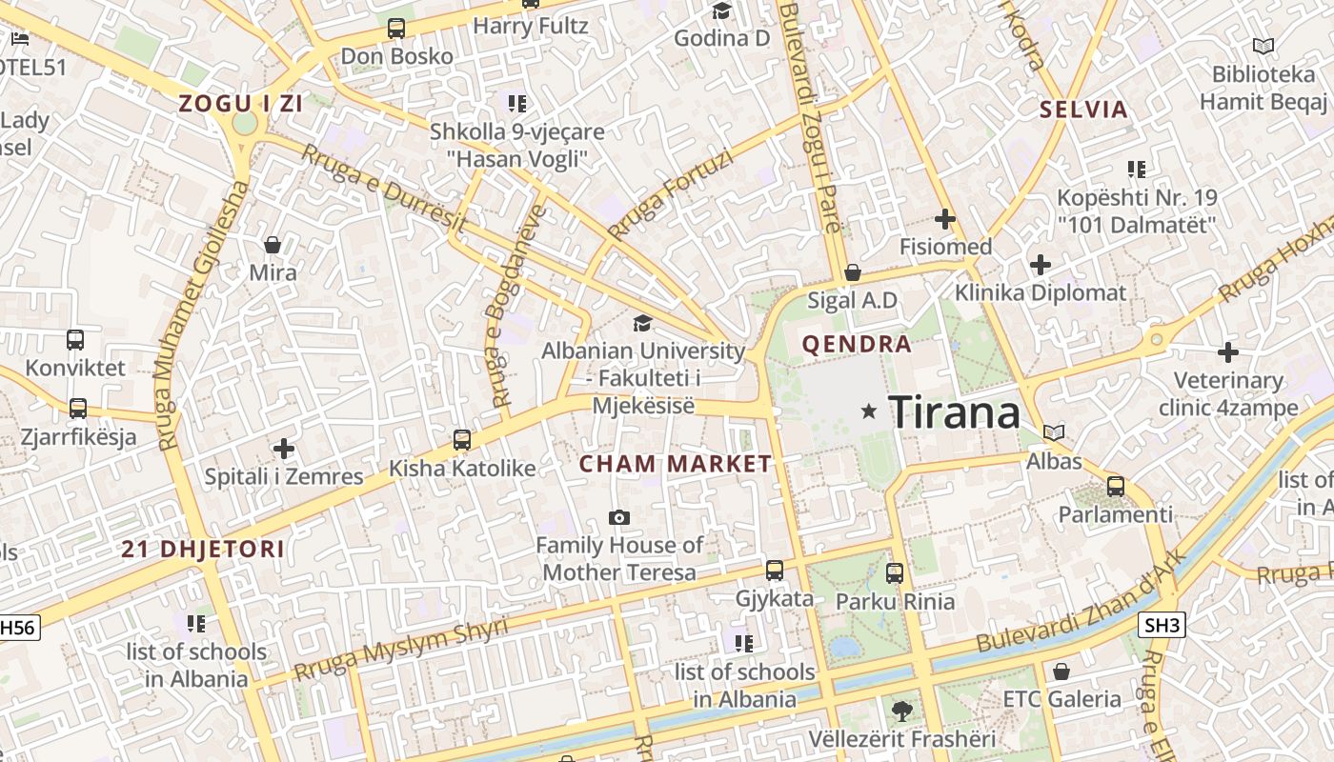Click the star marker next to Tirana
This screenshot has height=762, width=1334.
pyautogui.click(x=868, y=411)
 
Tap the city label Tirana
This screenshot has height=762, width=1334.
pyautogui.click(x=954, y=412)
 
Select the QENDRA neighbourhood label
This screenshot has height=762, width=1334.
pyautogui.click(x=857, y=344)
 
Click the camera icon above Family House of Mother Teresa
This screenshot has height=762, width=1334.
pyautogui.click(x=619, y=517)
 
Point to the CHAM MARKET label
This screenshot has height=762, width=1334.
pyautogui.click(x=676, y=464)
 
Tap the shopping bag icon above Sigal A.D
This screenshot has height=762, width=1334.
pyautogui.click(x=853, y=272)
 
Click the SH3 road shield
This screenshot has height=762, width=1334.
pyautogui.click(x=1162, y=625)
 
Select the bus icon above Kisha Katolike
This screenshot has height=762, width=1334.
pyautogui.click(x=462, y=440)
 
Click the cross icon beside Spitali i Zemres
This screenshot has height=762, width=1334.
pyautogui.click(x=284, y=448)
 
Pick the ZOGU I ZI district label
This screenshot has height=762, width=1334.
pyautogui.click(x=241, y=104)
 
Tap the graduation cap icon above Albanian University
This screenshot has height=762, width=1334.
pyautogui.click(x=642, y=323)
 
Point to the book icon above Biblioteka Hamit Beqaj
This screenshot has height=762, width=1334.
pyautogui.click(x=1263, y=46)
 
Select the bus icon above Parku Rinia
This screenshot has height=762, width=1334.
pyautogui.click(x=895, y=573)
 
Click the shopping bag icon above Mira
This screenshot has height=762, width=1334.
pyautogui.click(x=273, y=245)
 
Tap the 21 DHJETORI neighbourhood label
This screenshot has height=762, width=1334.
pyautogui.click(x=203, y=549)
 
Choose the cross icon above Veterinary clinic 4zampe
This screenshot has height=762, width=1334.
pyautogui.click(x=1228, y=353)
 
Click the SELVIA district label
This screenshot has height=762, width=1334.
pyautogui.click(x=1083, y=110)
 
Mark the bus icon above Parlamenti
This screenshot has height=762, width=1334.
pyautogui.click(x=1116, y=487)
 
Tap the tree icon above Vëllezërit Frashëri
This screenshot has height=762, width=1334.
pyautogui.click(x=901, y=711)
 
